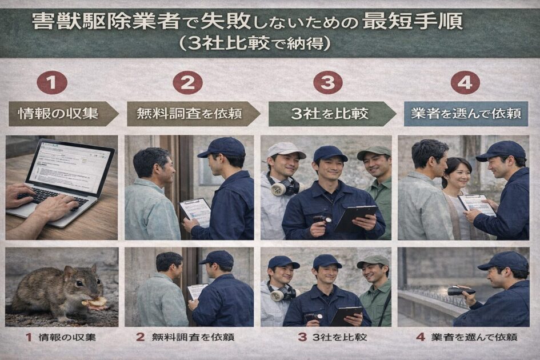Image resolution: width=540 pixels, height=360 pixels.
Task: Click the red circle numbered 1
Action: click(x=52, y=83)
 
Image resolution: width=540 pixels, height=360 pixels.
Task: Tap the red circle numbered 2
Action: click(x=187, y=83)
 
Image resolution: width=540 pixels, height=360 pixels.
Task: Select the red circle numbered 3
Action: click(x=327, y=83)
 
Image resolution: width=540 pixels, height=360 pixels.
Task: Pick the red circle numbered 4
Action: click(x=465, y=83)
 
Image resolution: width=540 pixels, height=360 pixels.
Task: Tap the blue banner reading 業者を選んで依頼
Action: click(x=465, y=113)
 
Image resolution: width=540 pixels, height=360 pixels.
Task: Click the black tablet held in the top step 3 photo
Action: click(x=355, y=217)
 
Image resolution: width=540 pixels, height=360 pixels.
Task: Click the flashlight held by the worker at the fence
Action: click(x=460, y=291)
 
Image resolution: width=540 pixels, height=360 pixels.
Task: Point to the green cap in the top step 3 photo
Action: click(x=374, y=152)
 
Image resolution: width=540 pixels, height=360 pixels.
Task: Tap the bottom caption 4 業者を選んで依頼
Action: click(x=466, y=337)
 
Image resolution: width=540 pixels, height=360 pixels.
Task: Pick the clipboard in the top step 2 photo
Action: click(x=196, y=212)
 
